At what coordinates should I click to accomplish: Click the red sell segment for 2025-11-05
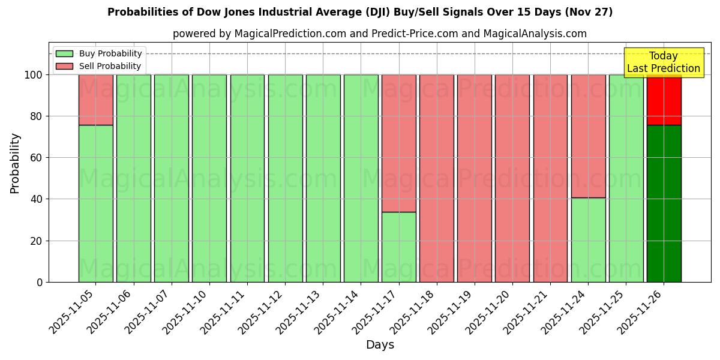click(x=95, y=100)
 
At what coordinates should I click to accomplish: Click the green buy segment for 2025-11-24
click(x=588, y=240)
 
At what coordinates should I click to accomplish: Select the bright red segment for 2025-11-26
click(x=664, y=100)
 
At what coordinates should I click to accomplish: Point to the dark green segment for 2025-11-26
click(x=664, y=203)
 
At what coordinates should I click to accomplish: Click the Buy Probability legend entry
click(x=110, y=53)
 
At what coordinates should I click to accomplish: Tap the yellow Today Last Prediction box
click(x=664, y=62)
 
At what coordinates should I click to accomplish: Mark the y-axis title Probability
click(x=15, y=163)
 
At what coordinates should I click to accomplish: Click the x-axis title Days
click(x=380, y=345)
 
